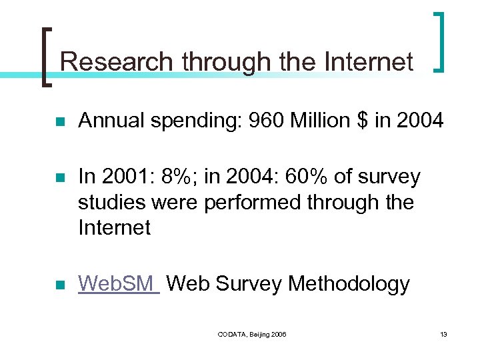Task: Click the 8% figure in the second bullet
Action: (x=175, y=177)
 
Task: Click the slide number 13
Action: (x=443, y=334)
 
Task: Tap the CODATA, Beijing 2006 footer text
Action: (x=252, y=334)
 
